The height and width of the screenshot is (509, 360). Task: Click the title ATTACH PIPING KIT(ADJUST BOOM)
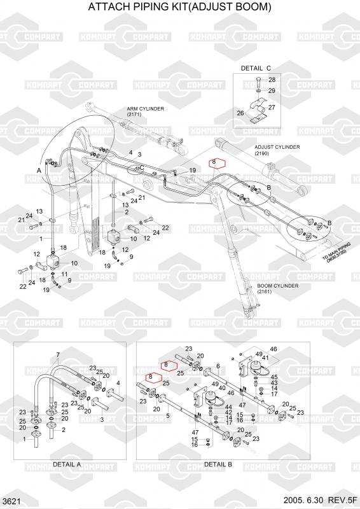pyautogui.click(x=179, y=6)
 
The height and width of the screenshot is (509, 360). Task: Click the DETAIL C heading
pyautogui.click(x=256, y=69)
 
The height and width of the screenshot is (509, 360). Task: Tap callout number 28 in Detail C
pyautogui.click(x=272, y=80)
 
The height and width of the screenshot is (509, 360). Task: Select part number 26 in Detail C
pyautogui.click(x=240, y=113)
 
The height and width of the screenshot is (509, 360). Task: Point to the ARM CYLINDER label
pyautogui.click(x=146, y=109)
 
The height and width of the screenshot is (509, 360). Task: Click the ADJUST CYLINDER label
pyautogui.click(x=277, y=147)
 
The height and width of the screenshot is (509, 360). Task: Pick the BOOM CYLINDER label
pyautogui.click(x=277, y=286)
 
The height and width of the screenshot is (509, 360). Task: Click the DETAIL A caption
pyautogui.click(x=67, y=464)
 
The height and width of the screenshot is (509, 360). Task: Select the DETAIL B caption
pyautogui.click(x=218, y=464)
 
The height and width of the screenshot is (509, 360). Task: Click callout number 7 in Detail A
pyautogui.click(x=58, y=354)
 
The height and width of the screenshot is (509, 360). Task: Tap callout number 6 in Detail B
pyautogui.click(x=218, y=366)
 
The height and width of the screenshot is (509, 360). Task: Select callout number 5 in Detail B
pyautogui.click(x=168, y=415)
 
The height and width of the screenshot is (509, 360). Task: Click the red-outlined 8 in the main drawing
pyautogui.click(x=214, y=162)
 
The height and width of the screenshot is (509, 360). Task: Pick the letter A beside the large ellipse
pyautogui.click(x=39, y=171)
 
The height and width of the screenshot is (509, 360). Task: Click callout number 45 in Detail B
pyautogui.click(x=274, y=377)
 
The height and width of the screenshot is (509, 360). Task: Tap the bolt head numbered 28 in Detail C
pyautogui.click(x=258, y=79)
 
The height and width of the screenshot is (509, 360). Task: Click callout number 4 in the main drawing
pyautogui.click(x=131, y=152)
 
